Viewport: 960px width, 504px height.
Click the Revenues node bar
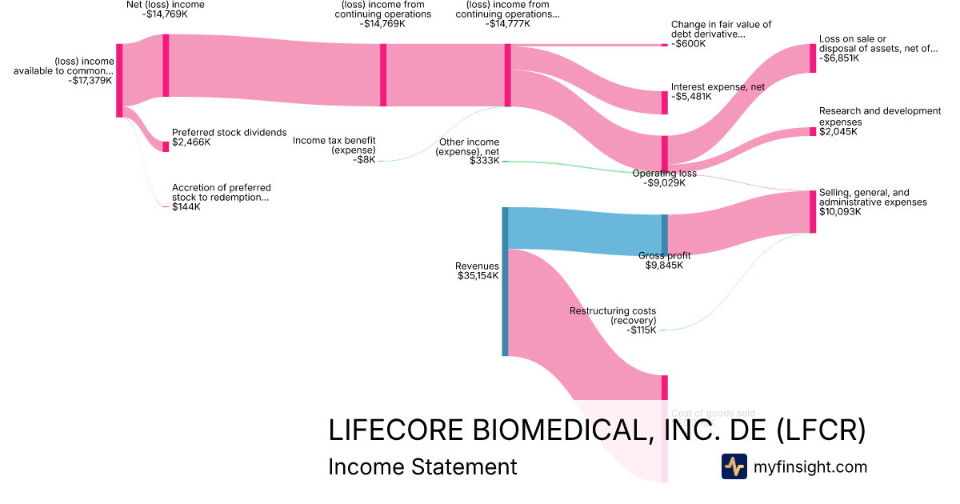505,281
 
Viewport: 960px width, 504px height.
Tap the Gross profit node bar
664,234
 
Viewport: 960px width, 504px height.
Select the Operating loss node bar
664,154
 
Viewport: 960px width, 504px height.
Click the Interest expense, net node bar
664,102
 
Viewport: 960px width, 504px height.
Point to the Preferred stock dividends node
166,146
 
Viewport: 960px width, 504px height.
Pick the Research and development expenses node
813,132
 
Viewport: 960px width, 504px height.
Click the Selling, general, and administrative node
813,212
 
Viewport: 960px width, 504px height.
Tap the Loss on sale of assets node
813,58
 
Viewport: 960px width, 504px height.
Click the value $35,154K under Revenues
478,276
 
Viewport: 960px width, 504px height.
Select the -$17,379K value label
90,80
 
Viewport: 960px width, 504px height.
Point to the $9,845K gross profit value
664,266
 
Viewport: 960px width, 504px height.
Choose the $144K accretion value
186,206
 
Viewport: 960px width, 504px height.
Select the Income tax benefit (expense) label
334,145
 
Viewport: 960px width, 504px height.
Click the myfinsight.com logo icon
734,466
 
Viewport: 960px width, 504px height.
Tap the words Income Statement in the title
422,466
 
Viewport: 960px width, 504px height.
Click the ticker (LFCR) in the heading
821,430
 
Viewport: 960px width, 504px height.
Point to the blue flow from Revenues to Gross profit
584,232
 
